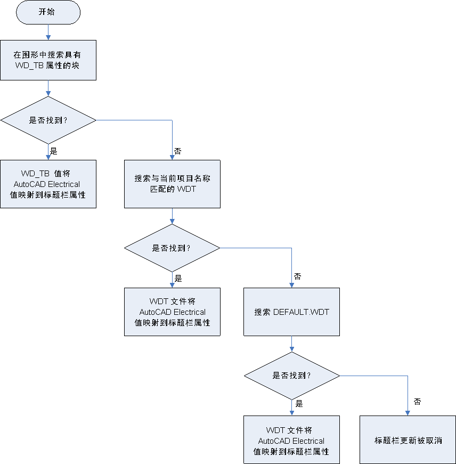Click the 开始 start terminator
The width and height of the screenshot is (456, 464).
pos(48,12)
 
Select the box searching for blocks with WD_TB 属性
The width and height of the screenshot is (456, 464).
pos(48,60)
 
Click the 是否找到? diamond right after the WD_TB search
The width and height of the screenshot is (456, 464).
pos(48,120)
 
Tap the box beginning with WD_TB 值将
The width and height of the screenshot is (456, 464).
pos(48,184)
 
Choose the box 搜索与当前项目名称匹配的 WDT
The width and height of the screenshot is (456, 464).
pos(172,184)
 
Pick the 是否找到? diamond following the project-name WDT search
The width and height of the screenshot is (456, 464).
pos(172,248)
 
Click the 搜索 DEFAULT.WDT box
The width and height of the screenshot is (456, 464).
pos(291,312)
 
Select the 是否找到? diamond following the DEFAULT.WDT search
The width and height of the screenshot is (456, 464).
pos(291,375)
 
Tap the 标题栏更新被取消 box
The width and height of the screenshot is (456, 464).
pos(408,440)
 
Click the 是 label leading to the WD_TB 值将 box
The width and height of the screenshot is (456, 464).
pos(53,151)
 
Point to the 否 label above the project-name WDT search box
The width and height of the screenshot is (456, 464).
pos(178,151)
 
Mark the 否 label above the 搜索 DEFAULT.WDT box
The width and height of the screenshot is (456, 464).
pos(297,277)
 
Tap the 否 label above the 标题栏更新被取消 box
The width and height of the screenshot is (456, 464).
pos(417,402)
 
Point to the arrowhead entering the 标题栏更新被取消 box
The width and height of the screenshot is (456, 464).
pos(408,413)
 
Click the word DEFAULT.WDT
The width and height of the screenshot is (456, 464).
pos(301,312)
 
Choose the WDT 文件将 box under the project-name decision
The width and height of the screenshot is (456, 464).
pos(172,312)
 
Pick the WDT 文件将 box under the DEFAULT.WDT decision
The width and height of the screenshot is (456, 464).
pos(291,440)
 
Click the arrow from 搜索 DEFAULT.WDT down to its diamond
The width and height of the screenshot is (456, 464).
pos(291,344)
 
